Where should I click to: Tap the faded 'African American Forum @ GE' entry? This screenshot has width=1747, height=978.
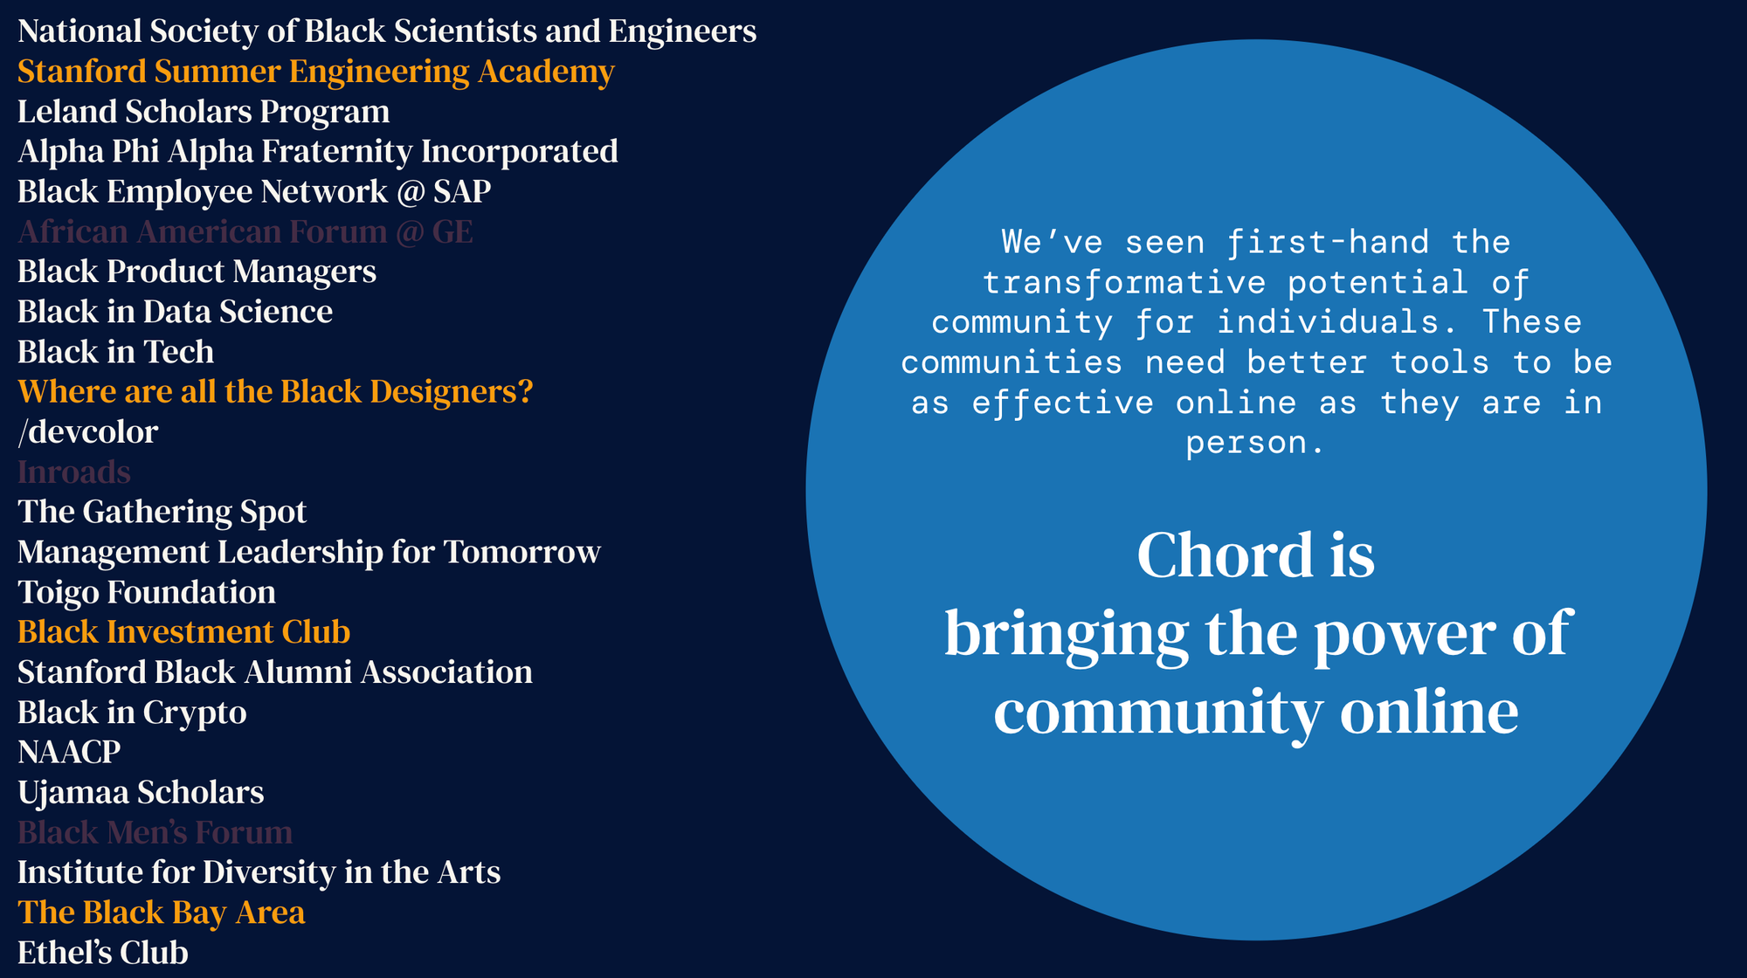[245, 232]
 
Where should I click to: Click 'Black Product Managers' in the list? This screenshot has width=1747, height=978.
[197, 272]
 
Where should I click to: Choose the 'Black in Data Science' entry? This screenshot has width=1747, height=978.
[175, 312]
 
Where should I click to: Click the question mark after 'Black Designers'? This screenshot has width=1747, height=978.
[524, 391]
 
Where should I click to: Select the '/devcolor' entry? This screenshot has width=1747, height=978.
[87, 432]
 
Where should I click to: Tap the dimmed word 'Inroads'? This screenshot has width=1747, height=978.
[74, 472]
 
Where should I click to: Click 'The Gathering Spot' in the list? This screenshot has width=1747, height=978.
[162, 513]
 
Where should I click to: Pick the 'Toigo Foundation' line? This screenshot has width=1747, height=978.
[147, 592]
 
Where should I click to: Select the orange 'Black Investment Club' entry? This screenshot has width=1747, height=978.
[183, 632]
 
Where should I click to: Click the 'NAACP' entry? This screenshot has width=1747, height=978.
[69, 752]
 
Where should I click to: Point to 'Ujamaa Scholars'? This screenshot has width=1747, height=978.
[141, 792]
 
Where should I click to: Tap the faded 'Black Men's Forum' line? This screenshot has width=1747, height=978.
[155, 832]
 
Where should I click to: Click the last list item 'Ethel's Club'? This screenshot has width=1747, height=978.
[103, 953]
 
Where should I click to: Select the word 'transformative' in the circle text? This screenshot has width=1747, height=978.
[1124, 283]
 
